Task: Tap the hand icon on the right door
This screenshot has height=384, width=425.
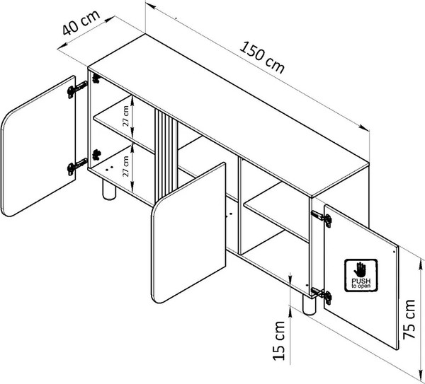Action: [360, 269]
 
